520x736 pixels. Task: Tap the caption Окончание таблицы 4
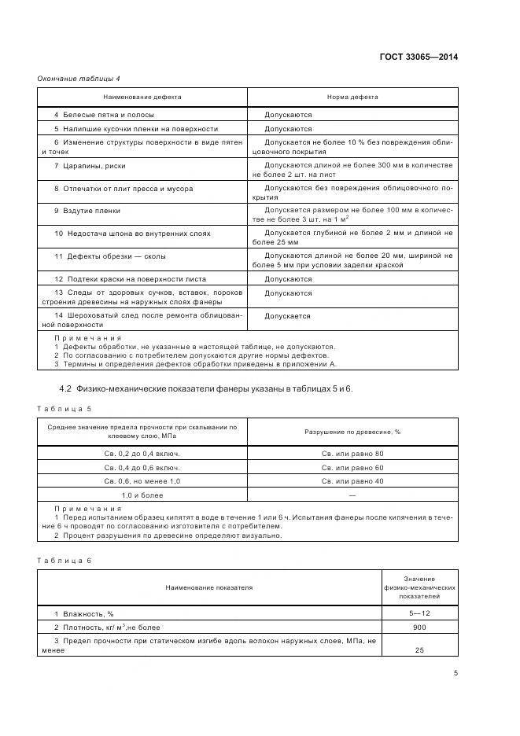point(79,79)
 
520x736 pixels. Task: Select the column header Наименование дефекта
point(142,97)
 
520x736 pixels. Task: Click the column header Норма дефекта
point(352,97)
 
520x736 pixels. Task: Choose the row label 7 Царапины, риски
point(90,166)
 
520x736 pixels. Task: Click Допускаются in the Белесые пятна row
point(288,115)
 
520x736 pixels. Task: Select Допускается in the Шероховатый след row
point(287,316)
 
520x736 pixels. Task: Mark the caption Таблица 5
point(64,408)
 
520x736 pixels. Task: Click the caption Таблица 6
point(64,560)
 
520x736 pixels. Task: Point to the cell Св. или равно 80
point(352,454)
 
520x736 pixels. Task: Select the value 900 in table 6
point(419,627)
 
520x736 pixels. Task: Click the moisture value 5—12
point(419,613)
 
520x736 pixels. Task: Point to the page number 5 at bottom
point(455,672)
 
